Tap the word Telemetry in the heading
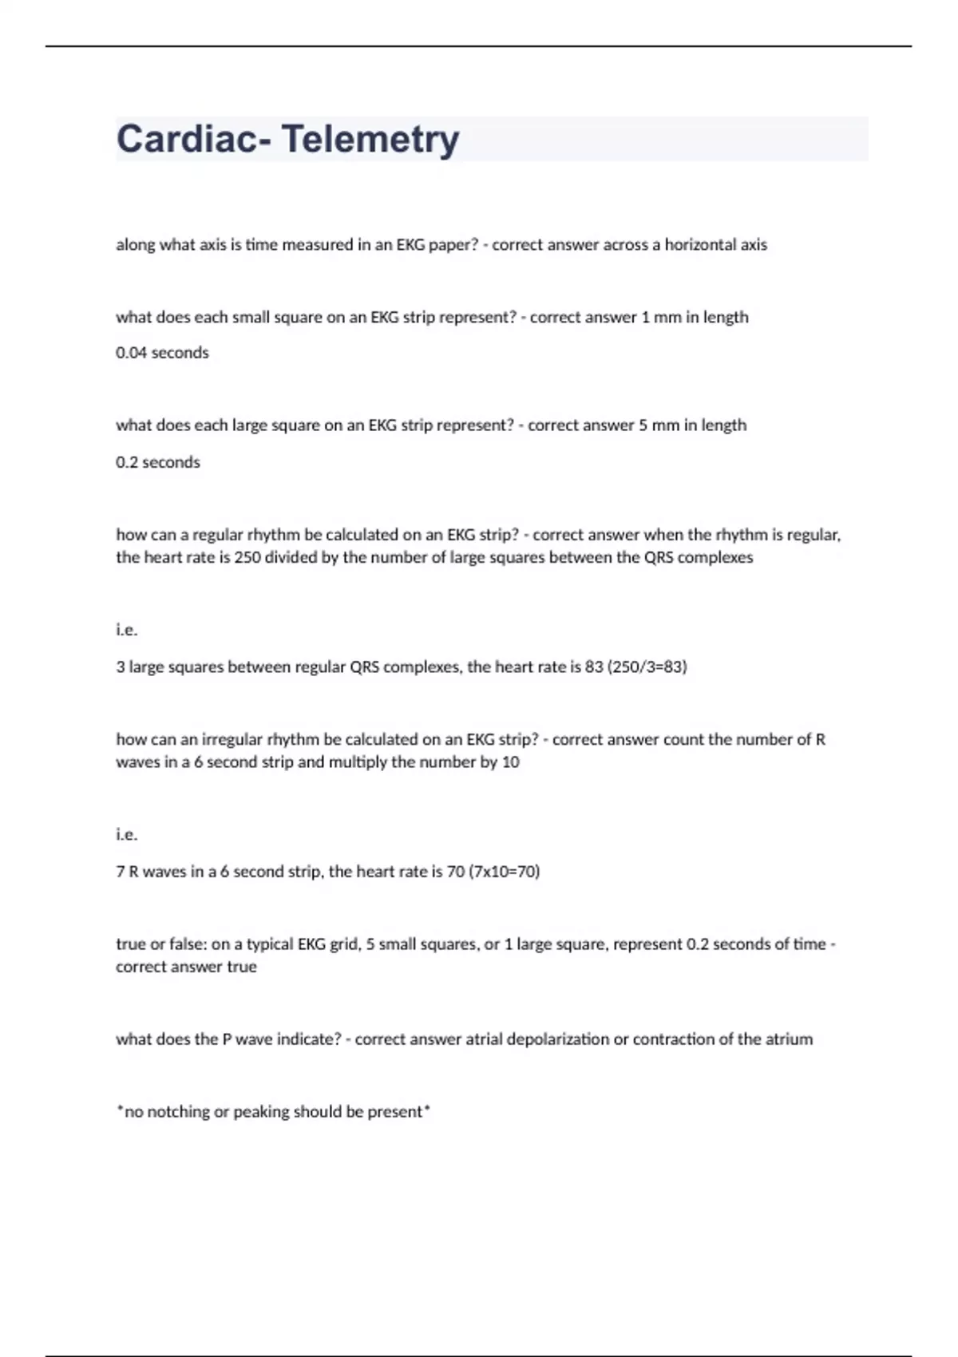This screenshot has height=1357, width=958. pyautogui.click(x=370, y=139)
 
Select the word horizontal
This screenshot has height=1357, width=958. pyautogui.click(x=701, y=245)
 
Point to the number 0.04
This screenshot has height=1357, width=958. pyautogui.click(x=132, y=353)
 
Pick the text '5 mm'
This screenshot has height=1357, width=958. pyautogui.click(x=659, y=425)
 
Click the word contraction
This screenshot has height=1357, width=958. pyautogui.click(x=671, y=1039)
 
